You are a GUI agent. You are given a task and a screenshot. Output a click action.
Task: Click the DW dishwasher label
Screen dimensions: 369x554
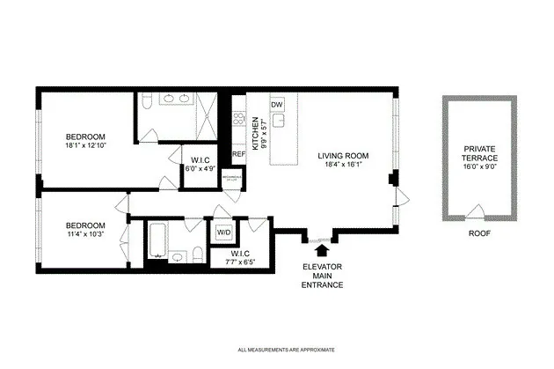[277, 105]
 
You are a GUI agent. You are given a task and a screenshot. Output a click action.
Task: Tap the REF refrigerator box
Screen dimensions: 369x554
[238, 154]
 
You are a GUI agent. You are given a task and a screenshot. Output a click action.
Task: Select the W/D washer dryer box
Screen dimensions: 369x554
[223, 232]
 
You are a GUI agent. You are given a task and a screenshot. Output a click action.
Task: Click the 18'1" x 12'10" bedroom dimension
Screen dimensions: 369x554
[86, 146]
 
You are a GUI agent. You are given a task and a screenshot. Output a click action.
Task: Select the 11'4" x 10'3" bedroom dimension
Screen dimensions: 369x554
[86, 234]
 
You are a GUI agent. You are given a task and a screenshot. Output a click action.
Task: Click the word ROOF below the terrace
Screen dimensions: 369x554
[478, 234]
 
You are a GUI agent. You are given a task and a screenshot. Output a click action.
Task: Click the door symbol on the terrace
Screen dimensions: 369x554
[477, 211]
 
